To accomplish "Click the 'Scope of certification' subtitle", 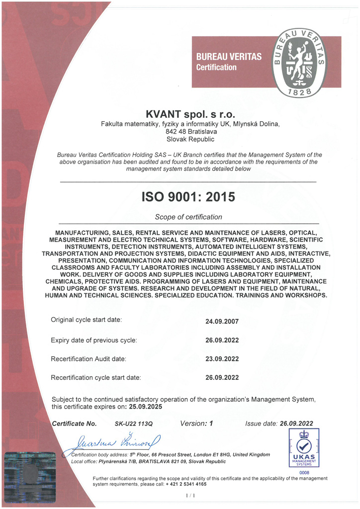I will point(188,217).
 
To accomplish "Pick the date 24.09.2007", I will point(222,321).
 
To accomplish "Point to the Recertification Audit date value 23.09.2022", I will point(222,359).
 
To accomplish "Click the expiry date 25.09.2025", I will point(145,406).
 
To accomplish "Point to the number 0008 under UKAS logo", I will point(304,473).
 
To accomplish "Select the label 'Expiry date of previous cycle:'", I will point(94,340).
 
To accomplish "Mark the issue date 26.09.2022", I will point(296,424).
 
